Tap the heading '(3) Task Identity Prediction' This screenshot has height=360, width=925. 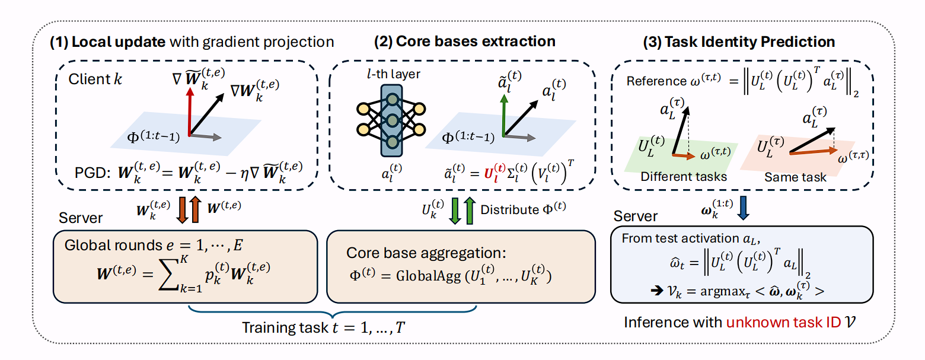(740, 42)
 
